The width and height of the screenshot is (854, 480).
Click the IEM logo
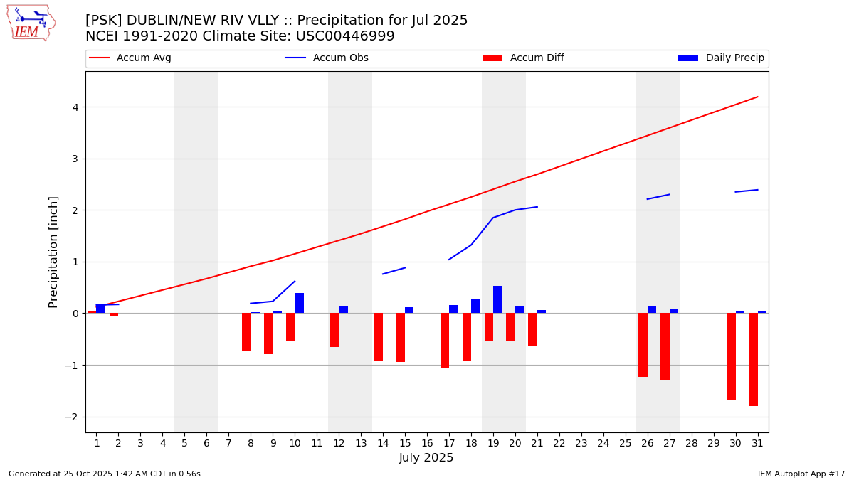(31, 23)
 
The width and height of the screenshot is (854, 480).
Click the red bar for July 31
(753, 359)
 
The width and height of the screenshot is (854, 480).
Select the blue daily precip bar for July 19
(497, 299)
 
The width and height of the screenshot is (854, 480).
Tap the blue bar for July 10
(299, 303)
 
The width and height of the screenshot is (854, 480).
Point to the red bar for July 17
(445, 341)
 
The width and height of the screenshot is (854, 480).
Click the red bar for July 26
(643, 345)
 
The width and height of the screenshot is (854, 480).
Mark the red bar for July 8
(246, 331)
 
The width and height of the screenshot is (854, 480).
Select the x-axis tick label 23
(581, 443)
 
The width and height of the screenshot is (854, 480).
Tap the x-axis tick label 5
(184, 443)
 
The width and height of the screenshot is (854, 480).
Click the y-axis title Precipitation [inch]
(53, 252)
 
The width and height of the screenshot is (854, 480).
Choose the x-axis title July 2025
(426, 458)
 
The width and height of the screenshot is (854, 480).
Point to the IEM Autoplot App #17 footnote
(801, 474)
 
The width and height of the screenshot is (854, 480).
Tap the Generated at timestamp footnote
(105, 474)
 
